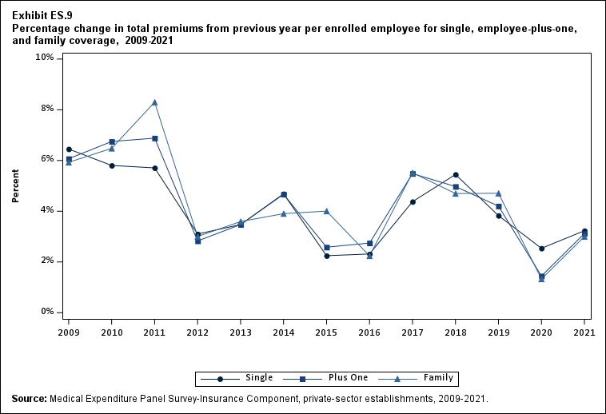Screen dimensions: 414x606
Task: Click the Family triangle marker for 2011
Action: pyautogui.click(x=155, y=102)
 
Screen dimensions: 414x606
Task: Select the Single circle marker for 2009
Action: pyautogui.click(x=69, y=149)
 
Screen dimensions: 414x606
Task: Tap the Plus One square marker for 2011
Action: pyautogui.click(x=155, y=138)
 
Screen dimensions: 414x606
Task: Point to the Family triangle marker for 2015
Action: pyautogui.click(x=326, y=211)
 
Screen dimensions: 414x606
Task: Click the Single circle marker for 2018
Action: pyautogui.click(x=456, y=174)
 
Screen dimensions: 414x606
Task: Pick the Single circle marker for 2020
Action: pyautogui.click(x=541, y=249)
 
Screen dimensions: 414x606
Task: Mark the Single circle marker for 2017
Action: pyautogui.click(x=413, y=201)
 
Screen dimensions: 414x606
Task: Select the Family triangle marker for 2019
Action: pyautogui.click(x=499, y=193)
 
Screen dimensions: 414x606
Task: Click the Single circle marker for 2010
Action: pyautogui.click(x=112, y=165)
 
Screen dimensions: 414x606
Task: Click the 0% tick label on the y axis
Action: pyautogui.click(x=47, y=312)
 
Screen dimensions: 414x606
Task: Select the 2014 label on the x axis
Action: pyautogui.click(x=284, y=332)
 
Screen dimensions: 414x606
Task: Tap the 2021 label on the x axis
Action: pyautogui.click(x=584, y=332)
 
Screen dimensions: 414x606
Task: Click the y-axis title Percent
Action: pyautogui.click(x=16, y=185)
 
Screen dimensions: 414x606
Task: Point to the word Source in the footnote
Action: pyautogui.click(x=29, y=398)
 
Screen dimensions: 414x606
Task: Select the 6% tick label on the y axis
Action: pyautogui.click(x=47, y=160)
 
